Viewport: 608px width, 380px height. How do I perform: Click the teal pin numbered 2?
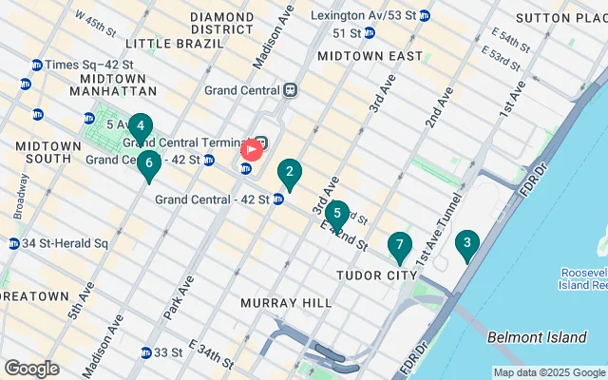[289, 174]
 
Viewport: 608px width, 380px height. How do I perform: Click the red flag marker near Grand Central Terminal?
[253, 149]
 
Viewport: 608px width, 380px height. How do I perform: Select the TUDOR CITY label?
[377, 275]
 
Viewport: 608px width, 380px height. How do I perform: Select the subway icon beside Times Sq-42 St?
[37, 65]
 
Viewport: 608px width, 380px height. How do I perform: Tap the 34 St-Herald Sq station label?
[65, 243]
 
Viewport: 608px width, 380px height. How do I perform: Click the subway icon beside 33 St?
[145, 352]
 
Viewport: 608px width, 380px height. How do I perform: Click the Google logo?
[31, 368]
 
